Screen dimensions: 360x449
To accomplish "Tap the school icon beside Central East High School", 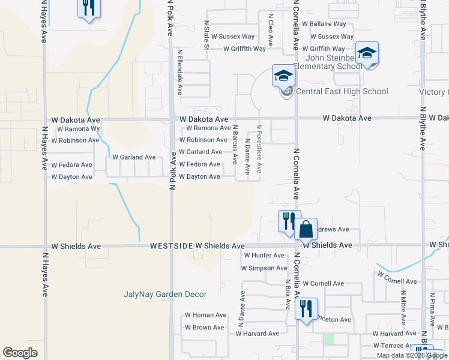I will click(x=283, y=76).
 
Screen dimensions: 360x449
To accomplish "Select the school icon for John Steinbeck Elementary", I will click(x=366, y=53).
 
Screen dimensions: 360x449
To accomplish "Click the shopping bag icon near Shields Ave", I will click(x=306, y=229).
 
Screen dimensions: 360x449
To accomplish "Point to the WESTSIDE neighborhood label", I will click(x=172, y=246).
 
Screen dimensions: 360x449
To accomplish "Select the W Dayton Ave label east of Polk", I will click(x=199, y=176).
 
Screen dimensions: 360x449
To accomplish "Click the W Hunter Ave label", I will click(x=263, y=255).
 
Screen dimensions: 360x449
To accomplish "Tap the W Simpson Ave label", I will click(x=264, y=268).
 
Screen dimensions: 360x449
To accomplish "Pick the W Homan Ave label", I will click(x=205, y=315).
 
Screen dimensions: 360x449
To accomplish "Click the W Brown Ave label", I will click(x=204, y=328).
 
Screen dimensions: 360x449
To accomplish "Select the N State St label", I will click(x=206, y=34).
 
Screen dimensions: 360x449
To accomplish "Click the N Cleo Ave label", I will click(x=271, y=31).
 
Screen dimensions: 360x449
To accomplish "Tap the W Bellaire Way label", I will click(x=324, y=24).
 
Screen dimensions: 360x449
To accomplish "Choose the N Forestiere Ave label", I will click(x=259, y=149).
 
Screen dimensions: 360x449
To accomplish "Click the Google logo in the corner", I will click(x=20, y=353).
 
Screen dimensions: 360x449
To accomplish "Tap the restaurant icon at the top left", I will click(x=88, y=8).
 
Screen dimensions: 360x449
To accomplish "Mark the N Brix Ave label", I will click(x=288, y=293).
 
